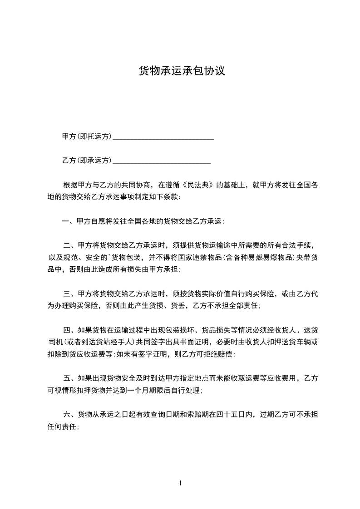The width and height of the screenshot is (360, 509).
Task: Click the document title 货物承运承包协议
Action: tap(182, 71)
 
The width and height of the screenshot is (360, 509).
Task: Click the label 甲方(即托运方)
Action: tap(87, 136)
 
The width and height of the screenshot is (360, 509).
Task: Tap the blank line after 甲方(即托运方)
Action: tap(163, 137)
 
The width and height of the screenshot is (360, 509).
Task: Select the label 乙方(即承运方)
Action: tap(87, 161)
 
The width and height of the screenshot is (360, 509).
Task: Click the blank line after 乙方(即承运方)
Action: tap(161, 162)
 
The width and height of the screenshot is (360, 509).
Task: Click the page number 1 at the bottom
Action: tap(180, 484)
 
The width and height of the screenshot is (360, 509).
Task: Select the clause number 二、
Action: tap(69, 245)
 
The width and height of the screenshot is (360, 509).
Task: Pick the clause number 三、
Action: tap(69, 294)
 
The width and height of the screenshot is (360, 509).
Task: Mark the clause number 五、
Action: tap(69, 378)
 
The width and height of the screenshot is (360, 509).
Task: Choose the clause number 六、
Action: tap(69, 415)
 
